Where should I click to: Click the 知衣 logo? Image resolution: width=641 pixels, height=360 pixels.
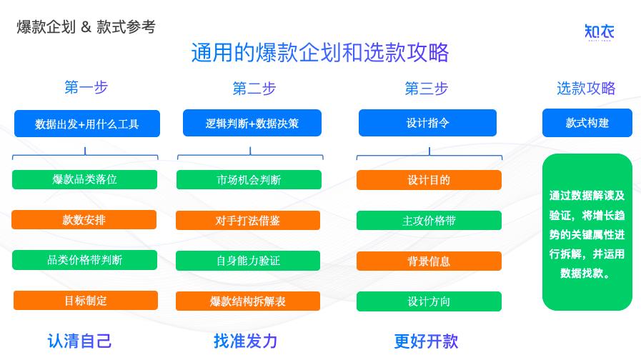600,32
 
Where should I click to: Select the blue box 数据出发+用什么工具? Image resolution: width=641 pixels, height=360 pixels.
87,124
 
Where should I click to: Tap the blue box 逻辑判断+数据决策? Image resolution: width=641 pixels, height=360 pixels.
252,123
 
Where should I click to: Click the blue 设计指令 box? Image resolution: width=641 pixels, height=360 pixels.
427,123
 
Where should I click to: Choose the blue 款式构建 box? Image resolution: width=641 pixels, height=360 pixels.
587,123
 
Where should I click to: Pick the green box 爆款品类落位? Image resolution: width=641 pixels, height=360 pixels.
84,179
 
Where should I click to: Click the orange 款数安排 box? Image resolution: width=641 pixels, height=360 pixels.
84,220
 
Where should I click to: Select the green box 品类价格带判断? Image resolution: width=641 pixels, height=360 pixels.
84,260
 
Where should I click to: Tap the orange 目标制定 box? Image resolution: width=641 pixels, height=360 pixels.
86,300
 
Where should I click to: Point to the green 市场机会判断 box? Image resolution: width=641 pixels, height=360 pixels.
249,180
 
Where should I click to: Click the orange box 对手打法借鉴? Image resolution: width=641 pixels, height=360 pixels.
248,220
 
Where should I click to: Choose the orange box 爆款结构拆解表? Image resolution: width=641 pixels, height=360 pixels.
248,301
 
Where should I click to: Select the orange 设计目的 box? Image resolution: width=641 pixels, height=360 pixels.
429,180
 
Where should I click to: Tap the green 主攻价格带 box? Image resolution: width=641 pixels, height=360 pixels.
429,220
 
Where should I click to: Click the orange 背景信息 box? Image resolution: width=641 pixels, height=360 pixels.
429,261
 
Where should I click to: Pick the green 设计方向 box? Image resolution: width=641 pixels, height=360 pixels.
429,301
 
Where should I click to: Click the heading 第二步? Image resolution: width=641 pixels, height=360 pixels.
254,89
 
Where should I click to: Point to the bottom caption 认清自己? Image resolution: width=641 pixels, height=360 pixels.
79,341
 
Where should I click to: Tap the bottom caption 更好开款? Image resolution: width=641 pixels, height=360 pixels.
426,341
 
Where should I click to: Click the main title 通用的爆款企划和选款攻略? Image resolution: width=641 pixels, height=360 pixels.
320,53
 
